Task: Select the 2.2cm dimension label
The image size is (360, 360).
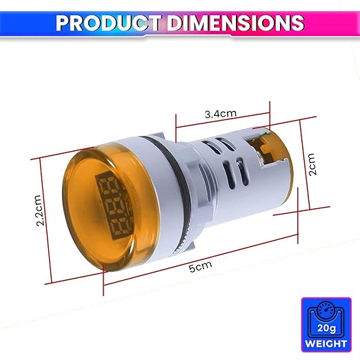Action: coord(39,210)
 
